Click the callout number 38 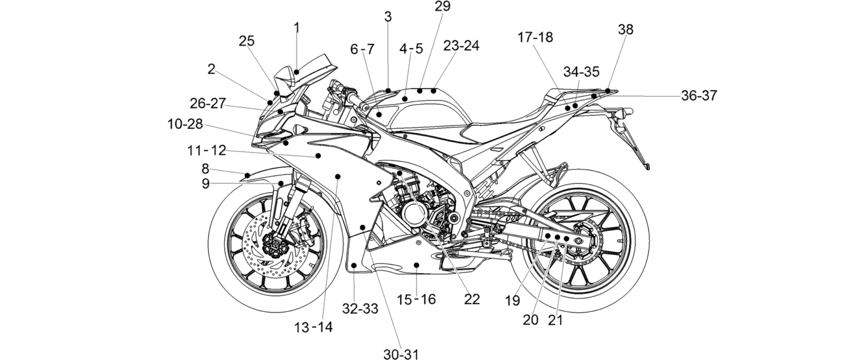[625, 30]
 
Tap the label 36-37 [699, 96]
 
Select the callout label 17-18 [535, 37]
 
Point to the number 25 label [246, 41]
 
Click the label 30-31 [401, 354]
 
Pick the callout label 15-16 [416, 299]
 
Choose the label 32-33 [360, 308]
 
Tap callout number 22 [472, 299]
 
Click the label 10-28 [185, 124]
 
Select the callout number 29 [443, 6]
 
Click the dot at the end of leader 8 [247, 175]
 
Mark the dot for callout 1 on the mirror [296, 72]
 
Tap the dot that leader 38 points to [608, 90]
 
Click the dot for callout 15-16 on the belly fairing [416, 264]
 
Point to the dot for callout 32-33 [354, 265]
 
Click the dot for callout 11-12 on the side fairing [318, 156]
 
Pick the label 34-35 [581, 72]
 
